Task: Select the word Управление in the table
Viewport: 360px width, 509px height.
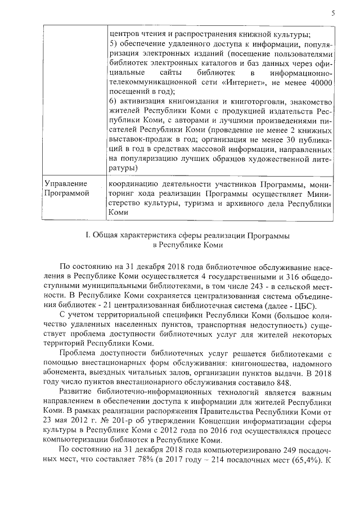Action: [x=61, y=184]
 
